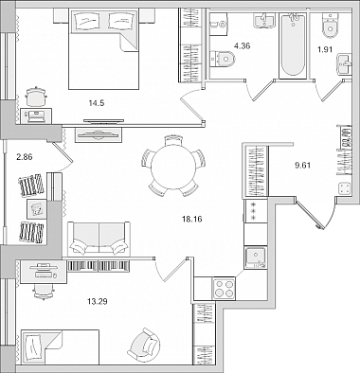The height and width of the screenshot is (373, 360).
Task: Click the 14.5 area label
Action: pyautogui.click(x=97, y=103)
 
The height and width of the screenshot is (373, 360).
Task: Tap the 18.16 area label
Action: pyautogui.click(x=192, y=219)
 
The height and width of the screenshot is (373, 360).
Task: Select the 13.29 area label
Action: pyautogui.click(x=98, y=302)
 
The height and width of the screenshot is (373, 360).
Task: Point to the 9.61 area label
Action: pyautogui.click(x=303, y=166)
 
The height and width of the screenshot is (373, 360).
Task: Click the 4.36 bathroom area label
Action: pyautogui.click(x=242, y=46)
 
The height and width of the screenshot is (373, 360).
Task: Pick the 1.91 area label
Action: pyautogui.click(x=325, y=49)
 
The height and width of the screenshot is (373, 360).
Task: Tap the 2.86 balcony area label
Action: pyautogui.click(x=25, y=156)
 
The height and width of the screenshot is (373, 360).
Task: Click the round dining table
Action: pyautogui.click(x=173, y=167)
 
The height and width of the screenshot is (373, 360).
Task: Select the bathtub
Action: pyautogui.click(x=293, y=45)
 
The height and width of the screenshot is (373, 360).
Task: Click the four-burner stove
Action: pyautogui.click(x=225, y=289)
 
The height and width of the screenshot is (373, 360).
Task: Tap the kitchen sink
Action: pyautogui.click(x=256, y=258)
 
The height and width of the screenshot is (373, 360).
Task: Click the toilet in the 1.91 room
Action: pyautogui.click(x=331, y=26)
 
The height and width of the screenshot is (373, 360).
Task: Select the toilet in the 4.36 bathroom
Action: pyautogui.click(x=223, y=59)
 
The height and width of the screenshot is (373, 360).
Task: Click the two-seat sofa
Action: pyautogui.click(x=99, y=239)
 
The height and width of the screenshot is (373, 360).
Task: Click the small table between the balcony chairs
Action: pyautogui.click(x=37, y=208)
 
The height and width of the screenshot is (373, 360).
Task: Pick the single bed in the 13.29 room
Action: pyautogui.click(x=60, y=347)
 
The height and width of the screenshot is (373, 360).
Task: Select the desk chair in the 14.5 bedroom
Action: pyautogui.click(x=36, y=97)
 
